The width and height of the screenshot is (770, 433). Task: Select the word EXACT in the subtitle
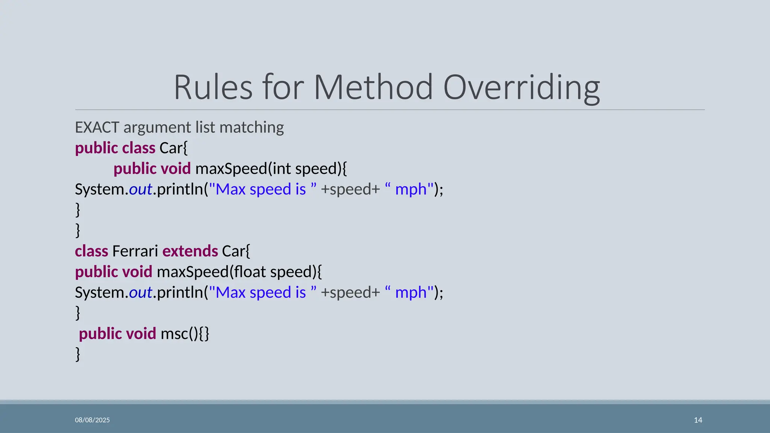coord(97,127)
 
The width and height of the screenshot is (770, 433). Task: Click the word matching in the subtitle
coord(252,127)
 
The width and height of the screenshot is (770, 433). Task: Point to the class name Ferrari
coord(135,251)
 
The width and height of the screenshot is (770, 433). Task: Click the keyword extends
coord(190,251)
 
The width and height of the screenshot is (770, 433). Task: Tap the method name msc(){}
coord(185,334)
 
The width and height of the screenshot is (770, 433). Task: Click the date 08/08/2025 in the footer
coord(92,420)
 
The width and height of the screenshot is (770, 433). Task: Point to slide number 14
coord(698,420)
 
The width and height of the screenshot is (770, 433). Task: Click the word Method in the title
coord(373,88)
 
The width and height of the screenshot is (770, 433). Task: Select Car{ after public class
coord(173,148)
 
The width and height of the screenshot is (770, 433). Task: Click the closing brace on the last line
coord(78,354)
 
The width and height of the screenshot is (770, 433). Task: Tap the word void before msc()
coord(141,334)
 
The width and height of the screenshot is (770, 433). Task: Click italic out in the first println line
coord(141,189)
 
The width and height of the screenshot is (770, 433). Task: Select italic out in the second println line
coord(141,292)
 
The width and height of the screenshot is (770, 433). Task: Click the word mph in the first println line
coord(411,189)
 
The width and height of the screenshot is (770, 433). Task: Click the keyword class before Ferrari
coord(91,251)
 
